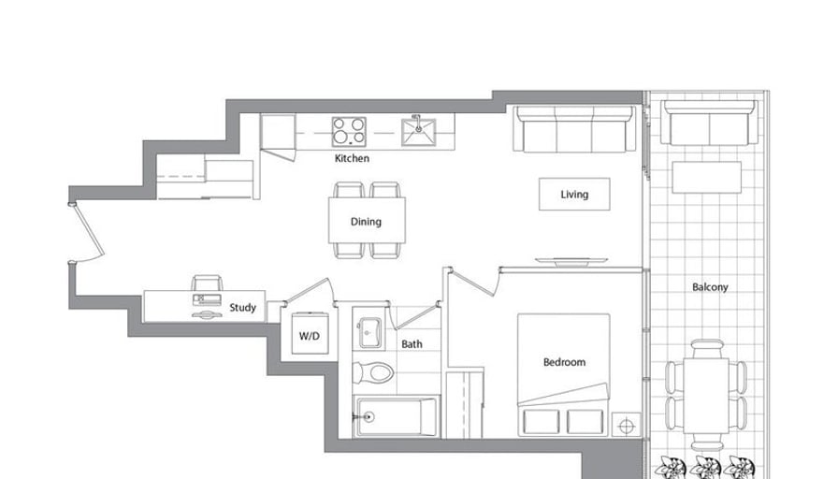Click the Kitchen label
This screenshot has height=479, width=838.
[x=352, y=158]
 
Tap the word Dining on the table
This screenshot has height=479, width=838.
[x=366, y=222]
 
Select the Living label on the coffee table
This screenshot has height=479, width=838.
[x=574, y=195]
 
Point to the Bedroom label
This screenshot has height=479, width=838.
[x=564, y=362]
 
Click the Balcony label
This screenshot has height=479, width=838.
[x=710, y=287]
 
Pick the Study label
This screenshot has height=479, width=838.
[x=242, y=308]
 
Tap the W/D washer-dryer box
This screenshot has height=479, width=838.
[x=310, y=333]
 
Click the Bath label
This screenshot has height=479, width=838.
[x=412, y=344]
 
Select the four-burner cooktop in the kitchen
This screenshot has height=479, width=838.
[x=349, y=132]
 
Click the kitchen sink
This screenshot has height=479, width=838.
[x=418, y=131]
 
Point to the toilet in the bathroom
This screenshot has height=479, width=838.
[x=373, y=372]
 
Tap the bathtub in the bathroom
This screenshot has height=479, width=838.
[x=396, y=416]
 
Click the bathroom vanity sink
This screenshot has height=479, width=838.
[x=368, y=332]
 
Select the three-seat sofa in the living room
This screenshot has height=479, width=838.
[x=574, y=129]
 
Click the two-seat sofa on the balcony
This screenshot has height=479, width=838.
[x=709, y=123]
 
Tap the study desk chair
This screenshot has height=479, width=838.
[x=207, y=283]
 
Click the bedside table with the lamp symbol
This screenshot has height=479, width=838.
[x=626, y=426]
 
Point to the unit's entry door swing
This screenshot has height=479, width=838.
[x=87, y=233]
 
